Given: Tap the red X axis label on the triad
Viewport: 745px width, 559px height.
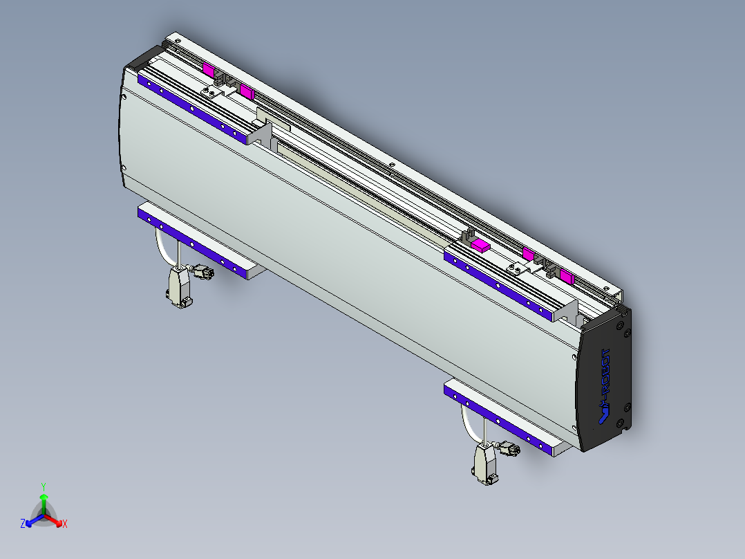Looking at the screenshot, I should (64, 524).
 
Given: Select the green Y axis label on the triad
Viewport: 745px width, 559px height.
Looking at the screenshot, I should (44, 486).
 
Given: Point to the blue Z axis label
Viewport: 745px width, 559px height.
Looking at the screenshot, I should (23, 524).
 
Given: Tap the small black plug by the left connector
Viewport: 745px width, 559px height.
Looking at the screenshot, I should (204, 272).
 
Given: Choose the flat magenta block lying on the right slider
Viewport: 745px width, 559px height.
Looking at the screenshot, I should (480, 244).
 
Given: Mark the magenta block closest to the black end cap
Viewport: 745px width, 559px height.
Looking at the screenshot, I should (567, 277).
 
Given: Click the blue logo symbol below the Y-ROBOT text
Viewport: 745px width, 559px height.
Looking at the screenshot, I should (603, 414).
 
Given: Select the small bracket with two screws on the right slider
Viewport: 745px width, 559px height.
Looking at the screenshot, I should (515, 267).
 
